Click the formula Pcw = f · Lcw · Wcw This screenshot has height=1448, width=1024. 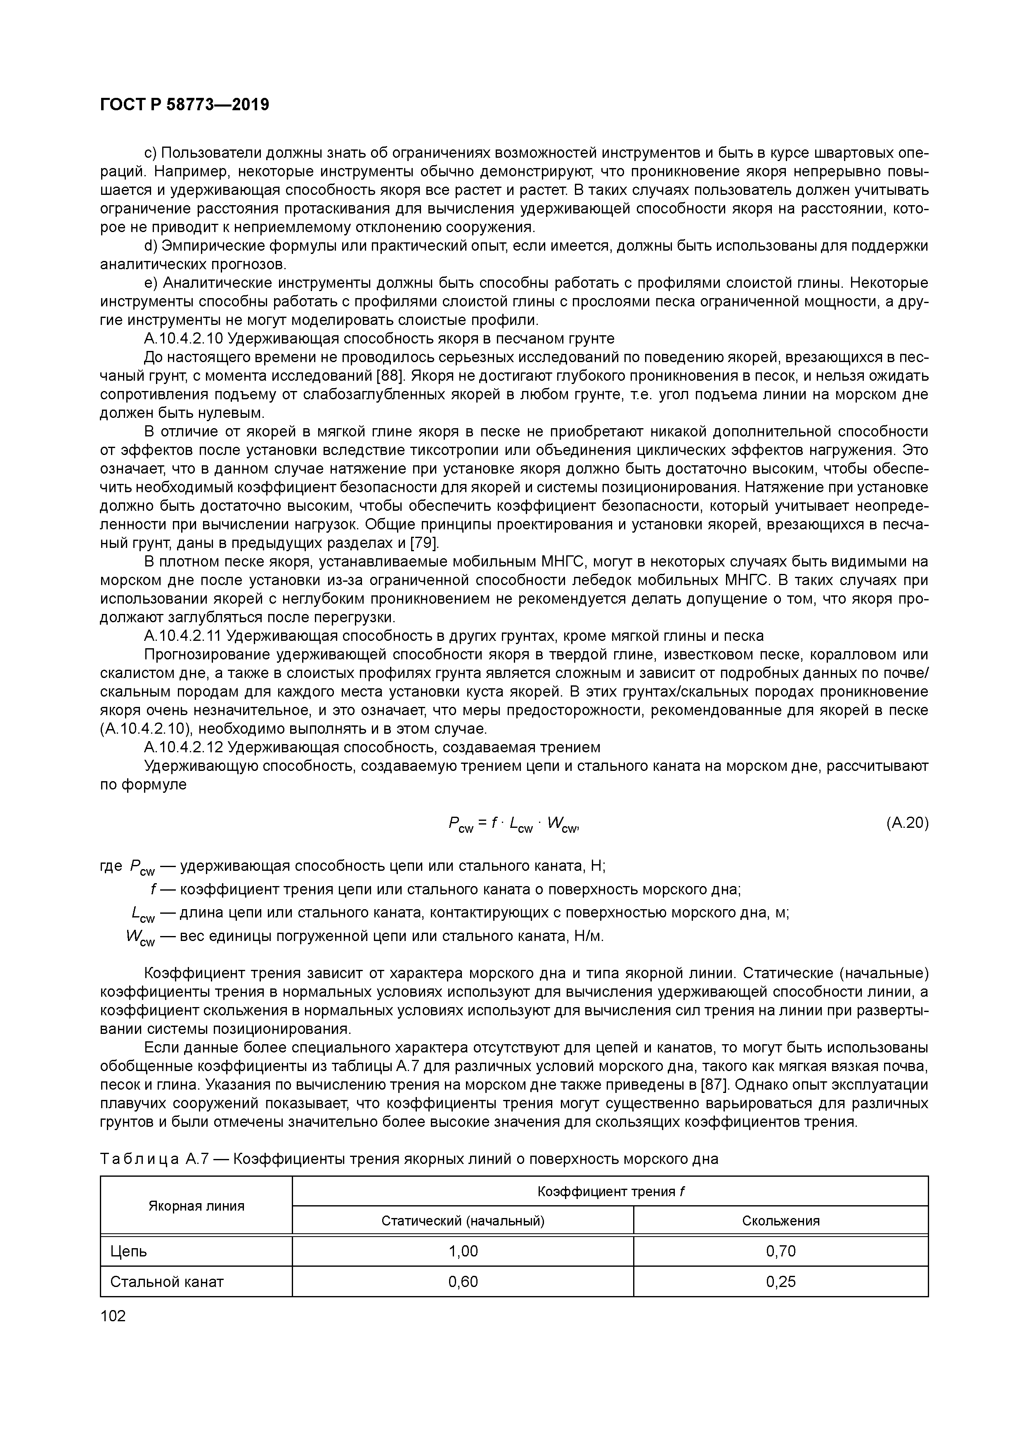click(x=513, y=824)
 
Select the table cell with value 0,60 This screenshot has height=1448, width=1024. click(x=462, y=1282)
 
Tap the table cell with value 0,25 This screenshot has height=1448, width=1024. click(x=780, y=1282)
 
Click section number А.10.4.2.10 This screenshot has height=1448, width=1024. click(x=184, y=339)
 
